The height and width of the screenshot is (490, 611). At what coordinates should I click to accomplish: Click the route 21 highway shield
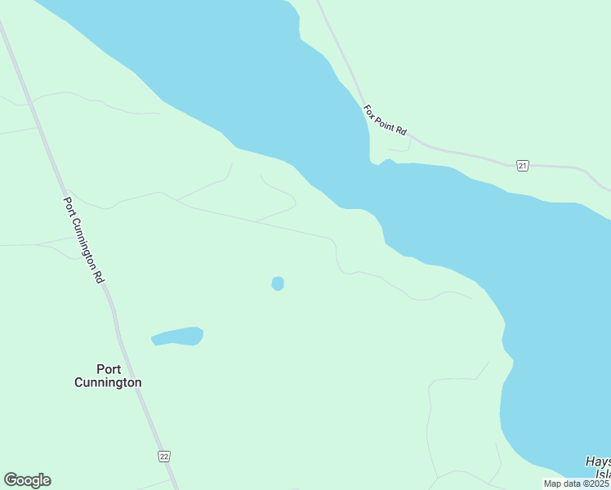click(523, 166)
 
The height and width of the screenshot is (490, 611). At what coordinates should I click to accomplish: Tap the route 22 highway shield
click(164, 457)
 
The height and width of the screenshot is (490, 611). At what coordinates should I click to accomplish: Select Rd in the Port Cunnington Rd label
click(100, 276)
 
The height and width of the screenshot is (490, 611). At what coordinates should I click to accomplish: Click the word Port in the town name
click(108, 369)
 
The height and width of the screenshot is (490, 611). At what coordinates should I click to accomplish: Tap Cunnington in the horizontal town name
click(108, 382)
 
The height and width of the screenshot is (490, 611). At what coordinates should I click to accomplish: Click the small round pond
click(278, 283)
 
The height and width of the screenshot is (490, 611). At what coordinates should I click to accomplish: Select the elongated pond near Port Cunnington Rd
click(178, 336)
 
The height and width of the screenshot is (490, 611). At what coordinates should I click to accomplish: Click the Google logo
click(27, 480)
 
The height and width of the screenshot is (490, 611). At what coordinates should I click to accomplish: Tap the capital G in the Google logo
click(10, 479)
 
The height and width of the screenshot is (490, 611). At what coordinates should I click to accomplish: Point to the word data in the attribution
click(572, 483)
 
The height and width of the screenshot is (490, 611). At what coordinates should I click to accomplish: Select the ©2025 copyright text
click(595, 483)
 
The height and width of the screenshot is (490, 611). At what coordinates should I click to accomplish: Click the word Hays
click(598, 462)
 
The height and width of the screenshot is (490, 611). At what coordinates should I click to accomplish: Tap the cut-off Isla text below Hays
click(603, 474)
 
